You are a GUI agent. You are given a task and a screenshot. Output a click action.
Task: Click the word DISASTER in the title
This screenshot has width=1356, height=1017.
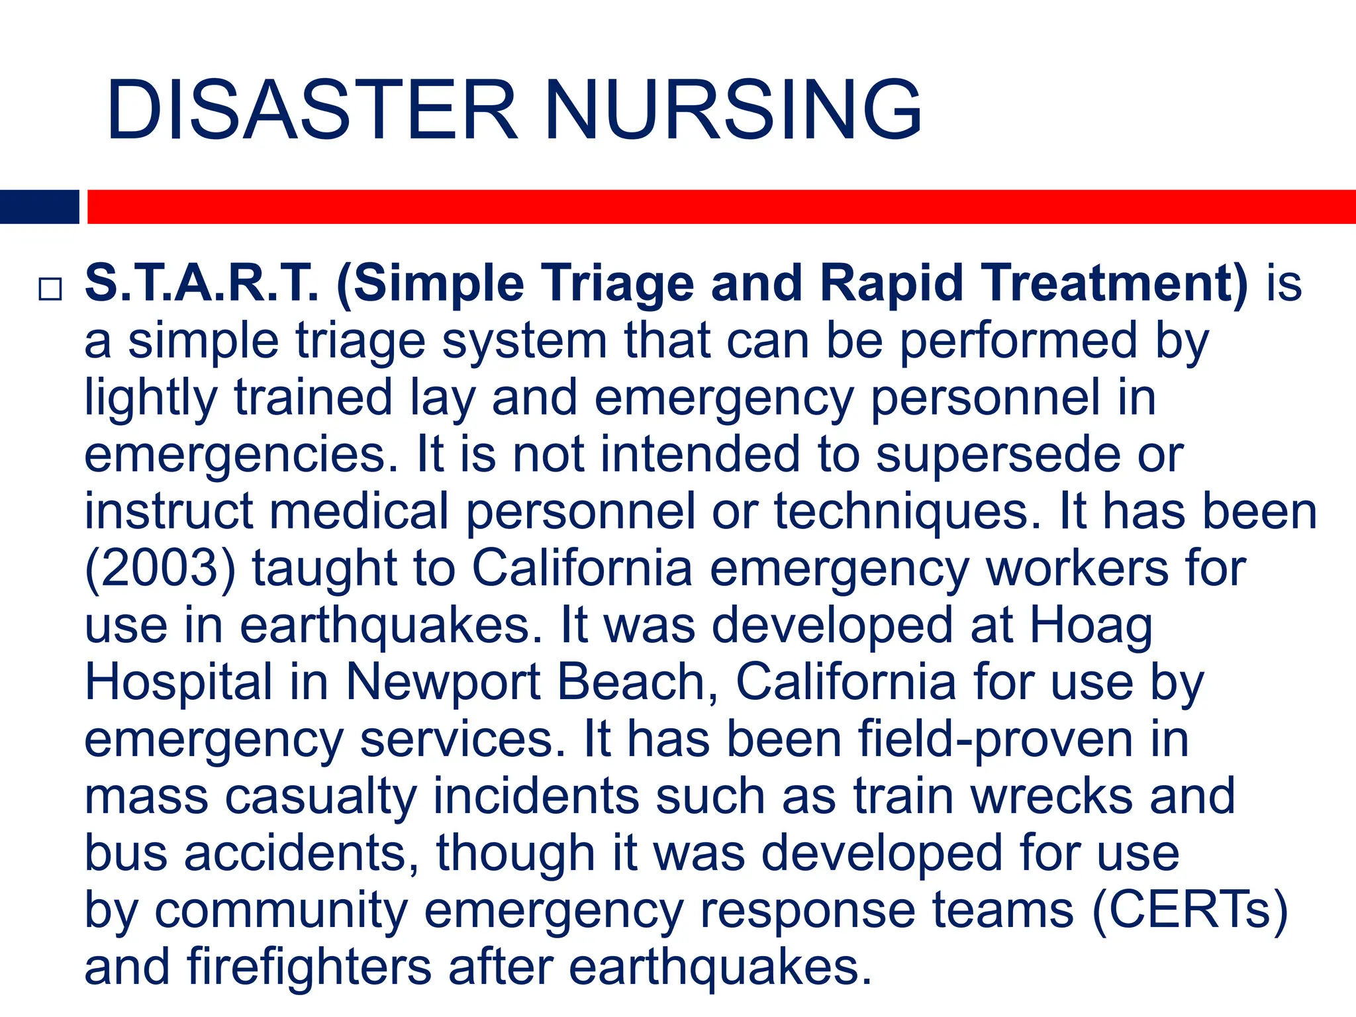coord(311,110)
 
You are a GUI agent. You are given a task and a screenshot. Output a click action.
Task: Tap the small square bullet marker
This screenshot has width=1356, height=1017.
coord(50,289)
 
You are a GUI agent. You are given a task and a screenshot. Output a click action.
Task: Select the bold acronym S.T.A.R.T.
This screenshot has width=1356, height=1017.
coord(202,283)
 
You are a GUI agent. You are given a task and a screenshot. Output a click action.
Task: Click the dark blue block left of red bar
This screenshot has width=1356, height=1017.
coord(39,207)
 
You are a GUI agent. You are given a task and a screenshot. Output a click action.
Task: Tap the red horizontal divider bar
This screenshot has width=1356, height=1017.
coord(721,207)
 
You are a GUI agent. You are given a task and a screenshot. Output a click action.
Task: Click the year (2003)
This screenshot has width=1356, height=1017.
coord(160,569)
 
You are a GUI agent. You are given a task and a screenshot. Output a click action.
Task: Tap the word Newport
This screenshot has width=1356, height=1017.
coord(443,683)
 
